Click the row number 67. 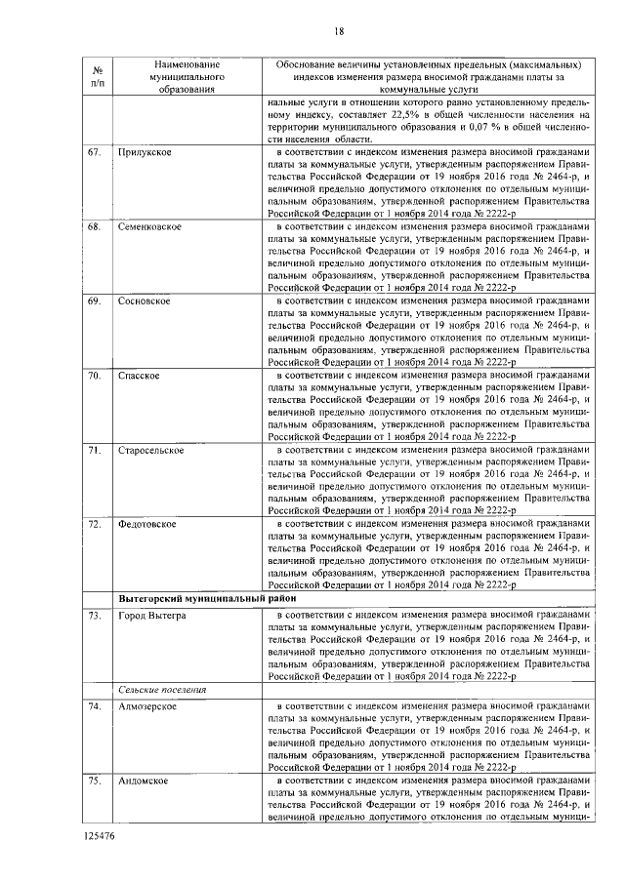tap(95, 153)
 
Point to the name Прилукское tap(145, 153)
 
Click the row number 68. tap(95, 226)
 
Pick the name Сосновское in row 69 tap(145, 301)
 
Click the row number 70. tap(95, 375)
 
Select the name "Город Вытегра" tap(149, 616)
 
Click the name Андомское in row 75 tap(144, 781)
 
